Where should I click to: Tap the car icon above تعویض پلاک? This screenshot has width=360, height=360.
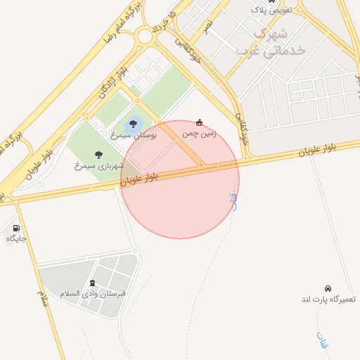(x=271, y=2)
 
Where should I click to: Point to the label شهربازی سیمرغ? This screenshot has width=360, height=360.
(x=99, y=166)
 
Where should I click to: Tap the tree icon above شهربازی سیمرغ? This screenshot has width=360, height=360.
(x=98, y=155)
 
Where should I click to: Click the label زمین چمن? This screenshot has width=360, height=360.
(x=200, y=133)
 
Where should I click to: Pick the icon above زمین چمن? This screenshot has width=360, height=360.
(x=200, y=122)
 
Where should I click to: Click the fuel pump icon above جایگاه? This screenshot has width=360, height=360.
(x=16, y=228)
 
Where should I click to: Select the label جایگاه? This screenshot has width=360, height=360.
(x=16, y=238)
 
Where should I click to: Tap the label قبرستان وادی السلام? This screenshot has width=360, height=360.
(x=93, y=293)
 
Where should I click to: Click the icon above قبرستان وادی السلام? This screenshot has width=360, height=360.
(x=92, y=283)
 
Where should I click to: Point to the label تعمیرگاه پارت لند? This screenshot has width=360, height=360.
(x=328, y=300)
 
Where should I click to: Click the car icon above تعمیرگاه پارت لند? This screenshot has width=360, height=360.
(x=328, y=288)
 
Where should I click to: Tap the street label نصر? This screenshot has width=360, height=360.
(x=208, y=27)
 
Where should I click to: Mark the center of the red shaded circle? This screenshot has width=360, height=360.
(x=180, y=179)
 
